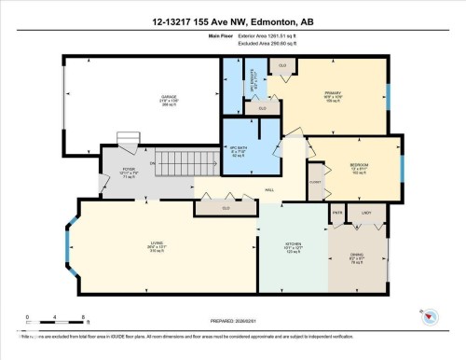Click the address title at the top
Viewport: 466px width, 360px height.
tap(232, 21)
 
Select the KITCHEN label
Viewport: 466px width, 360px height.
tap(292, 249)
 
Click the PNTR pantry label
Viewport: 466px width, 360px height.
tap(336, 214)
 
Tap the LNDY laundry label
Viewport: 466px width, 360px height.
tap(367, 214)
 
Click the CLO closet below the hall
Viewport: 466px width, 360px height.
tap(226, 207)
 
